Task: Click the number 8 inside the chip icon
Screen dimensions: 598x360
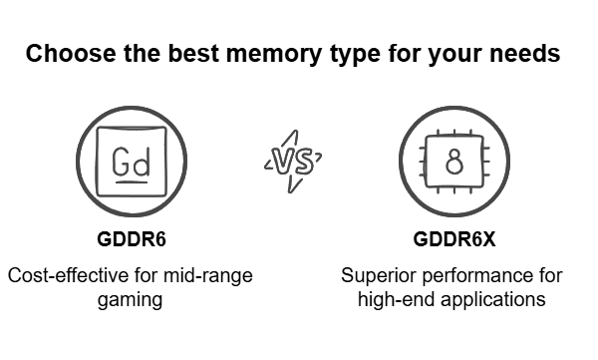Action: click(x=453, y=163)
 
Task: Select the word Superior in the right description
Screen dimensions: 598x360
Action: click(x=375, y=275)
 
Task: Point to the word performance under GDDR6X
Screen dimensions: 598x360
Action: click(x=469, y=275)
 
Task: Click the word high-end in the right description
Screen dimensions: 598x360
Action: click(x=392, y=299)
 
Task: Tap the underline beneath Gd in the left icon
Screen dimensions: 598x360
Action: click(x=132, y=179)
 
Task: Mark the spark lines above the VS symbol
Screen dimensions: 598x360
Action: click(x=289, y=135)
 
